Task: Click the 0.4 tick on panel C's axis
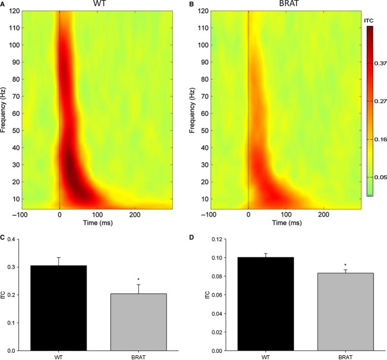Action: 9,239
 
